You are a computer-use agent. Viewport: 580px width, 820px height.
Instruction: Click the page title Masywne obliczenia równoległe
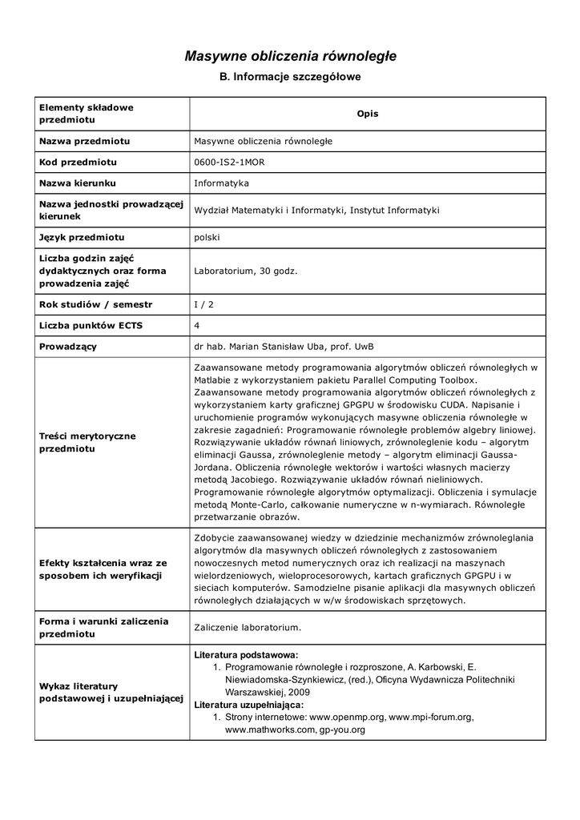tap(290, 56)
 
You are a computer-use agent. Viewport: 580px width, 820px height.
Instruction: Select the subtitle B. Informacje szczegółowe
tap(290, 78)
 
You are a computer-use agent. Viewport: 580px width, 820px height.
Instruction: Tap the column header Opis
tap(367, 114)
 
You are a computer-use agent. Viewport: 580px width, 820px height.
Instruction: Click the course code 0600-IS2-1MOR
tap(229, 162)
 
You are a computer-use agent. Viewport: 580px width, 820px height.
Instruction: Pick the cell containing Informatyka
tap(221, 183)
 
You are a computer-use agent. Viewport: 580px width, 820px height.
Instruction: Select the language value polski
tap(207, 238)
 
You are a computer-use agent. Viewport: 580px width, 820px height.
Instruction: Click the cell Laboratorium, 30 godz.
tap(245, 271)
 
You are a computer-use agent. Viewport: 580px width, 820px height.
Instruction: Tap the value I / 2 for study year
tap(205, 304)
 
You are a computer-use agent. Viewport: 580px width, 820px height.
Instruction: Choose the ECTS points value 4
tap(197, 325)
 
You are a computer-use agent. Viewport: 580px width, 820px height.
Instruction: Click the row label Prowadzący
tap(68, 346)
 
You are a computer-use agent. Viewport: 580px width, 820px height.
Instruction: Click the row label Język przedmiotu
tap(82, 238)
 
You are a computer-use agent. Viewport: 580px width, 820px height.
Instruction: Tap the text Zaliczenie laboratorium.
tap(248, 627)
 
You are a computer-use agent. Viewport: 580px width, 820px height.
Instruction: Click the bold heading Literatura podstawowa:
tap(246, 654)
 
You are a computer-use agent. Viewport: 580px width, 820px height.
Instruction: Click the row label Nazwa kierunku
tap(77, 183)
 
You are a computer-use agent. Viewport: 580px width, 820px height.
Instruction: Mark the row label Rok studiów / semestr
tap(95, 304)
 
